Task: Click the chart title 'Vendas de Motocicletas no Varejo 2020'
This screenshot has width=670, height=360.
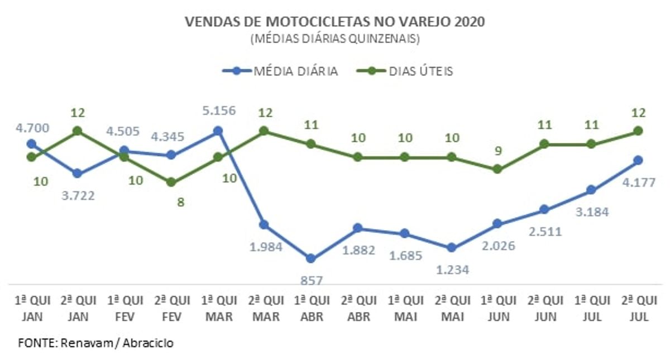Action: (335, 22)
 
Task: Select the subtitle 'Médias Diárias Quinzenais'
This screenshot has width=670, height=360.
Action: (335, 39)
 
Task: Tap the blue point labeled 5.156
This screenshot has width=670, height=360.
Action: (218, 131)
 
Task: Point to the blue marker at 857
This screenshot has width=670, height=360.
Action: (311, 258)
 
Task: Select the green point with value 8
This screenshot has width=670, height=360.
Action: (171, 183)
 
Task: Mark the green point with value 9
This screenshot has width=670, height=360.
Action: (497, 169)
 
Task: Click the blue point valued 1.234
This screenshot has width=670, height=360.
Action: (451, 248)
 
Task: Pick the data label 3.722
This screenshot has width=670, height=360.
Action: (78, 195)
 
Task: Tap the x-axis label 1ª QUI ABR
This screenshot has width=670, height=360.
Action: (311, 307)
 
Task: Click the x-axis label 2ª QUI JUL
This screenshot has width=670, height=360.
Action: (638, 307)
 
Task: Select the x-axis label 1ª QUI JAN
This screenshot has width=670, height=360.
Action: (31, 307)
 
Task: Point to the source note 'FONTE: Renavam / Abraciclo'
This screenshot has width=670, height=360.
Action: (95, 342)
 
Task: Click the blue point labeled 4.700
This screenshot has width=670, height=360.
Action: (31, 144)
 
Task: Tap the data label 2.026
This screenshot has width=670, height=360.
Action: (498, 245)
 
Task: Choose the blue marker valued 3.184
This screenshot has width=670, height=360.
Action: (591, 190)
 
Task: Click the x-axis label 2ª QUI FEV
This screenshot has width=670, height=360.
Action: (171, 307)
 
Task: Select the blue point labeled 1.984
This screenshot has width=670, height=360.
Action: (264, 225)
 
